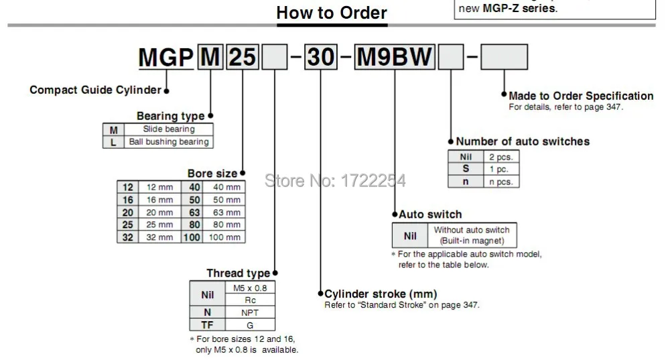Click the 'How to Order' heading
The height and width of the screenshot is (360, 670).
(332, 13)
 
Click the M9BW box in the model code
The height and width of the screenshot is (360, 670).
(395, 57)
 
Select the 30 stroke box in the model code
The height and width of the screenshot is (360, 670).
(321, 57)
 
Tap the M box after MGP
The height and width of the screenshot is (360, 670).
(210, 57)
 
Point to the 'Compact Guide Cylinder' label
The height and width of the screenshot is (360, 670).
(95, 91)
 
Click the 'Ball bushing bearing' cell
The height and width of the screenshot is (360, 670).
(169, 142)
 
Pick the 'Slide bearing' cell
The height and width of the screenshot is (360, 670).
(169, 129)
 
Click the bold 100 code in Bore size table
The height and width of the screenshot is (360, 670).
(192, 237)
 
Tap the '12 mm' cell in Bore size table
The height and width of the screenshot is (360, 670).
(159, 187)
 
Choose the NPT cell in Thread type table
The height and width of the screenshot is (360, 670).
(250, 312)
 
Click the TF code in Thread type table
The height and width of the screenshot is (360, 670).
(207, 325)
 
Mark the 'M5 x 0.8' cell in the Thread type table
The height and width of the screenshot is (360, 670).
(250, 288)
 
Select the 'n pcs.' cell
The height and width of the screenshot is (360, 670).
(501, 182)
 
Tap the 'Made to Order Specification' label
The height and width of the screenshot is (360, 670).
(581, 96)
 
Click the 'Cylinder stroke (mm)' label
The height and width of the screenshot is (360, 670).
(381, 294)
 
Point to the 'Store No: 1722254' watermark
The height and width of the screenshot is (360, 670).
(335, 181)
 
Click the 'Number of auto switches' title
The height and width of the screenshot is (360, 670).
(523, 141)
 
